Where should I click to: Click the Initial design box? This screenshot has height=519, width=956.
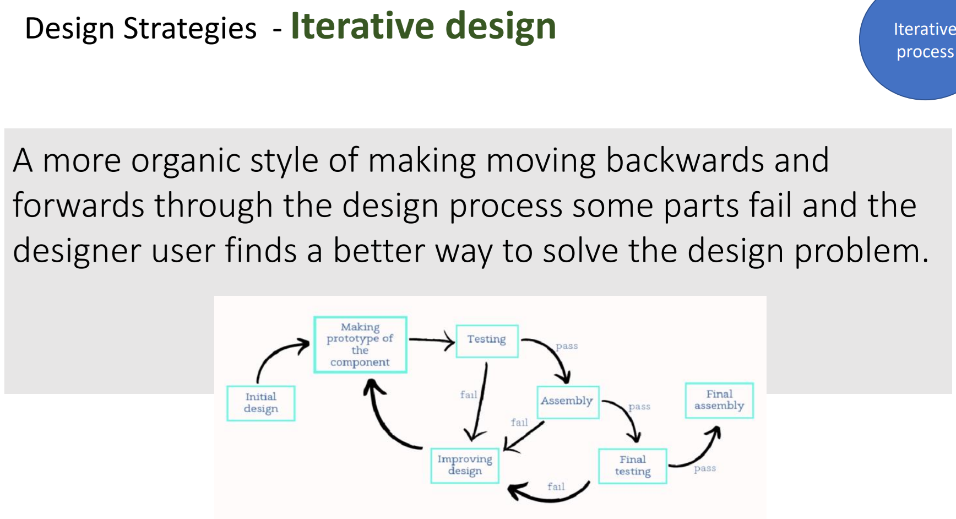261,403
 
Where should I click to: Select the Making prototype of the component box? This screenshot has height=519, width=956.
360,345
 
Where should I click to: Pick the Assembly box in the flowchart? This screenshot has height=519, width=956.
567,402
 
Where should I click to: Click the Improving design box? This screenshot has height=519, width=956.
465,466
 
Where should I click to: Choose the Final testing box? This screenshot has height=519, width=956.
633,466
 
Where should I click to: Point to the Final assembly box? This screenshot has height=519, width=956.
719,401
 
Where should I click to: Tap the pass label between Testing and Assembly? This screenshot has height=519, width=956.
567,346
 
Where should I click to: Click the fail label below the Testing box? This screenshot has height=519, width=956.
469,394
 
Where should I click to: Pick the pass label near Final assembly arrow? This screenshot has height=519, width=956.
705,468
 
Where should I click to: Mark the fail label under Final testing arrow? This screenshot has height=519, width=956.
556,486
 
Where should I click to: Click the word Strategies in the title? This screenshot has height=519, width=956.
190,29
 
